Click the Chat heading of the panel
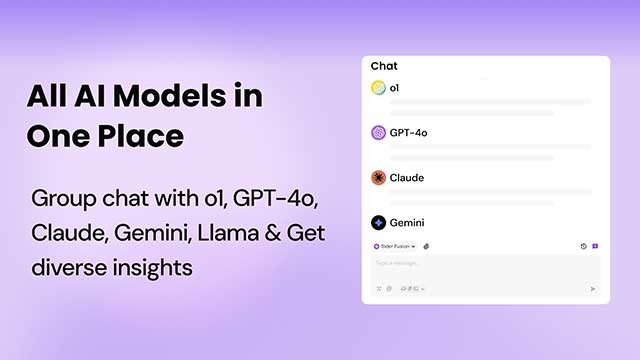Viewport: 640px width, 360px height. point(384,66)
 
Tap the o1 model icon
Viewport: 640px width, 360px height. point(378,88)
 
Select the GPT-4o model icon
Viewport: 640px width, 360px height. point(378,132)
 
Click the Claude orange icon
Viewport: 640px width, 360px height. point(378,177)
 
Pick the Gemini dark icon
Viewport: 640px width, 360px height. point(378,222)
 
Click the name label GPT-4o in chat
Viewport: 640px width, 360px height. point(409,132)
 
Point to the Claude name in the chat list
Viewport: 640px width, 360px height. point(407,177)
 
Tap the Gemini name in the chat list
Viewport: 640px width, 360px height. point(408,222)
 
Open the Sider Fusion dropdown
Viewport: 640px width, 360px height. point(395,245)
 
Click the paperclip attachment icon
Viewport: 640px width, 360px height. point(427,245)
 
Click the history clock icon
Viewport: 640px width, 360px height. point(583,245)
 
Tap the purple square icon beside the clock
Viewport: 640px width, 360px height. point(595,245)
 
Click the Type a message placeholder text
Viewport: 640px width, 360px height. point(397,263)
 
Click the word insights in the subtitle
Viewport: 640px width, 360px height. point(141,267)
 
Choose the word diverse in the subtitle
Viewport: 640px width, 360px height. point(65,267)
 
